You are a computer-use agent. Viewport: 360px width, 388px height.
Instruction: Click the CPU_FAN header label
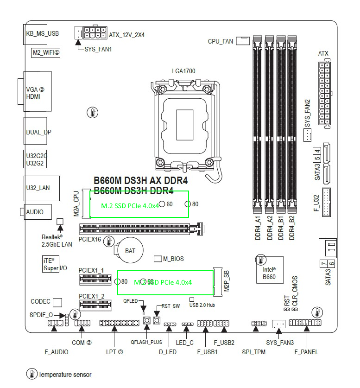coord(221,42)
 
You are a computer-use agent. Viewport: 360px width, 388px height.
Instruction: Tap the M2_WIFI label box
coord(46,52)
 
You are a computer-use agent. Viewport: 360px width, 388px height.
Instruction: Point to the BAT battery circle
coord(130,250)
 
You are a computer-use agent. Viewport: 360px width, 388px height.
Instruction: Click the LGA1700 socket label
coord(183,71)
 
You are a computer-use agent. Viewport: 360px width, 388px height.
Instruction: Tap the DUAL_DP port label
coord(39,132)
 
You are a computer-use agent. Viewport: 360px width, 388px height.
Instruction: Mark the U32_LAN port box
coord(38,188)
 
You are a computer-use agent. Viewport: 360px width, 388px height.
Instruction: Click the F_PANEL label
coord(306,352)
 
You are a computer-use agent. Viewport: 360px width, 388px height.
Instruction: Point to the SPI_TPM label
coord(253,352)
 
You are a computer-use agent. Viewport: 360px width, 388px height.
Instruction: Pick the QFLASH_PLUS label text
coord(146,342)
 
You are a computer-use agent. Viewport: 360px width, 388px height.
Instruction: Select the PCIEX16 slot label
coord(90,240)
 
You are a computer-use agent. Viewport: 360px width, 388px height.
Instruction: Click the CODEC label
coord(40,301)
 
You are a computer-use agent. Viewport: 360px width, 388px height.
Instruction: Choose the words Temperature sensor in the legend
coord(65,375)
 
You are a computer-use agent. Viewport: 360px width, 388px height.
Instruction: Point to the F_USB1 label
coord(207,352)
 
